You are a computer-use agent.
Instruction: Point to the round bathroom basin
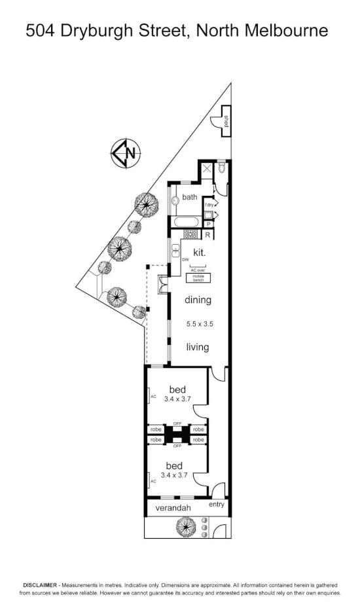[175, 200]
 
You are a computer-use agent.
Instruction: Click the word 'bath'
[190, 196]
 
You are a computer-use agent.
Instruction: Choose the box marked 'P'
[207, 223]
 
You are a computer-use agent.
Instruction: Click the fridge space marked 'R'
[207, 234]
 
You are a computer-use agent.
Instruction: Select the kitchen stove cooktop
[190, 234]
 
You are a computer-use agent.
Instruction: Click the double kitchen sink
[176, 251]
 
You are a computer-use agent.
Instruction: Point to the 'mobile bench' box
[198, 278]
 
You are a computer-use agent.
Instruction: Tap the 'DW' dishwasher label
[185, 260]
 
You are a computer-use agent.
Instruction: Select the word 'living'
[197, 347]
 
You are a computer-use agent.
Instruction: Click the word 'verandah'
[173, 508]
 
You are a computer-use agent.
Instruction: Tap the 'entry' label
[216, 504]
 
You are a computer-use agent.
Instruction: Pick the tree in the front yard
[186, 526]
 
